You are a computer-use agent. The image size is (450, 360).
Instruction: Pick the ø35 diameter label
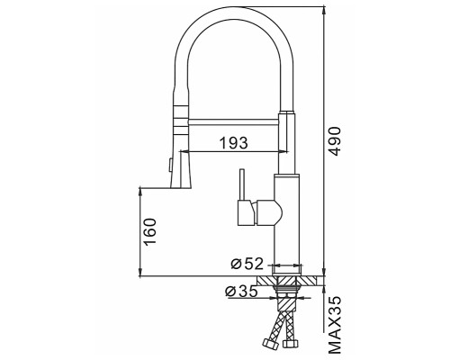pyautogui.click(x=241, y=291)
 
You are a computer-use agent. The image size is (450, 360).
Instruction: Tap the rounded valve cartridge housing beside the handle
pyautogui.click(x=268, y=213)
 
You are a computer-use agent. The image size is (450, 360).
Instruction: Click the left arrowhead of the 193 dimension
pyautogui.click(x=192, y=151)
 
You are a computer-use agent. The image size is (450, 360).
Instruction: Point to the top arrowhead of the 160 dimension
pyautogui.click(x=142, y=191)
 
